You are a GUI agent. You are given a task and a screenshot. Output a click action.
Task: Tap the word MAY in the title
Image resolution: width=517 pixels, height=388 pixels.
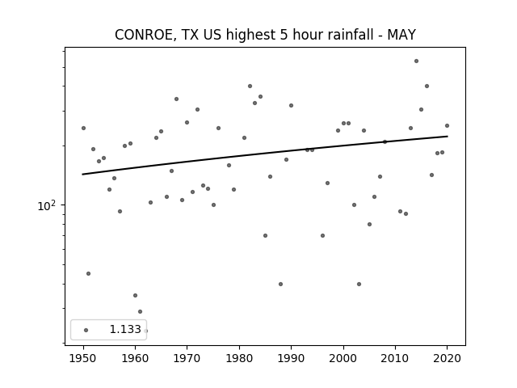pos(401,35)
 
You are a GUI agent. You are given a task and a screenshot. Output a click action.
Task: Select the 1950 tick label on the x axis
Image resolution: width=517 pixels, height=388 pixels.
pos(83,358)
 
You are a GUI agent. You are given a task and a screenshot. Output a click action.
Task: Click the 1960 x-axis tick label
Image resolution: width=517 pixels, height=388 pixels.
pos(135,358)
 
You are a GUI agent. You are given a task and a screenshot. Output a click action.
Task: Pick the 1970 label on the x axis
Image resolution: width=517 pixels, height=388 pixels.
pos(187,358)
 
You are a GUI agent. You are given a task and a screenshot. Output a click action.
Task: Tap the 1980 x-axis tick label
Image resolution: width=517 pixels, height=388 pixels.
pos(239,358)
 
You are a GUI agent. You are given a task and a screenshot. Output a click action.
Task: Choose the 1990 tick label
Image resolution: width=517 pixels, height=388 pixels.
pos(291,358)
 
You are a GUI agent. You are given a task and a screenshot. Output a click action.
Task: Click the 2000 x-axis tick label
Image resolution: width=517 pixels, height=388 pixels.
pos(343,358)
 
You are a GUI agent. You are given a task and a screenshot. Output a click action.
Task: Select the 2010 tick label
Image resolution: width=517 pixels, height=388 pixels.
pos(395,358)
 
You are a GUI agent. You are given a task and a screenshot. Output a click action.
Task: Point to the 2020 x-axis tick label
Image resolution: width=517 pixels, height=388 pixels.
pos(447,358)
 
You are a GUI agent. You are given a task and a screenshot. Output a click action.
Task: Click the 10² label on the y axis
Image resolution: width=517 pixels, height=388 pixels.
pos(47,205)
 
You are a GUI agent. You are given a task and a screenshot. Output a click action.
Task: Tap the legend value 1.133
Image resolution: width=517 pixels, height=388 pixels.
pos(125,329)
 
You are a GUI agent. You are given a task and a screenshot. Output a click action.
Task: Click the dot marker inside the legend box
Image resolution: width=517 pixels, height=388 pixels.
pos(86,330)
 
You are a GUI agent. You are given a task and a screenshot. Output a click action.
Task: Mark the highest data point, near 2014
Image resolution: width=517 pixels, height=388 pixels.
pos(417,61)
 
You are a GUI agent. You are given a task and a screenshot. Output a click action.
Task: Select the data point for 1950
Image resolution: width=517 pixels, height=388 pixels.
pos(83,128)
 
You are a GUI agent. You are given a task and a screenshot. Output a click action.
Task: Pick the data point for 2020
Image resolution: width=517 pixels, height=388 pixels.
pos(447,126)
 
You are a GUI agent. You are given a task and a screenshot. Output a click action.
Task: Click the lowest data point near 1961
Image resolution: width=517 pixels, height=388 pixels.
pos(140,311)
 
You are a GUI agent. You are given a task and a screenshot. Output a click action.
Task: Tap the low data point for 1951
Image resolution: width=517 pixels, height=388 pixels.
pos(88,273)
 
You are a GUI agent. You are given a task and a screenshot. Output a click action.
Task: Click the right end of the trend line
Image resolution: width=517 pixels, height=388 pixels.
pos(448,137)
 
